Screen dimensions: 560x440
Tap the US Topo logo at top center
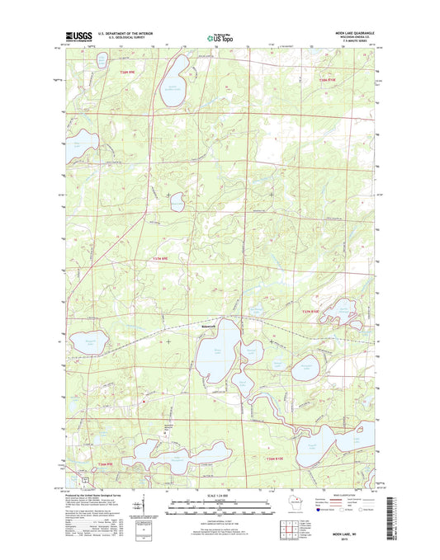(x=219, y=37)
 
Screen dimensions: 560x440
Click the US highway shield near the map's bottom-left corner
(x=83, y=478)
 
